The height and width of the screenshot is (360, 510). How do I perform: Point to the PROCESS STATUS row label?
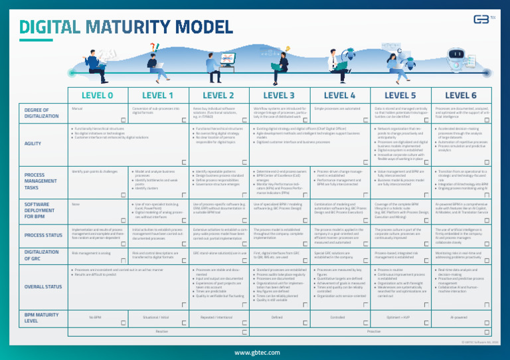point(43,235)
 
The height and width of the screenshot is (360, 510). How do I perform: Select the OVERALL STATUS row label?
point(42,287)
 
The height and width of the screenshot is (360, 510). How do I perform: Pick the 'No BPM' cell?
point(97,317)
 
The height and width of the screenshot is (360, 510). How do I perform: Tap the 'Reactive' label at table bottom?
point(161,329)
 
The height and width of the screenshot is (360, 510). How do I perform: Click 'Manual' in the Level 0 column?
point(76,108)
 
